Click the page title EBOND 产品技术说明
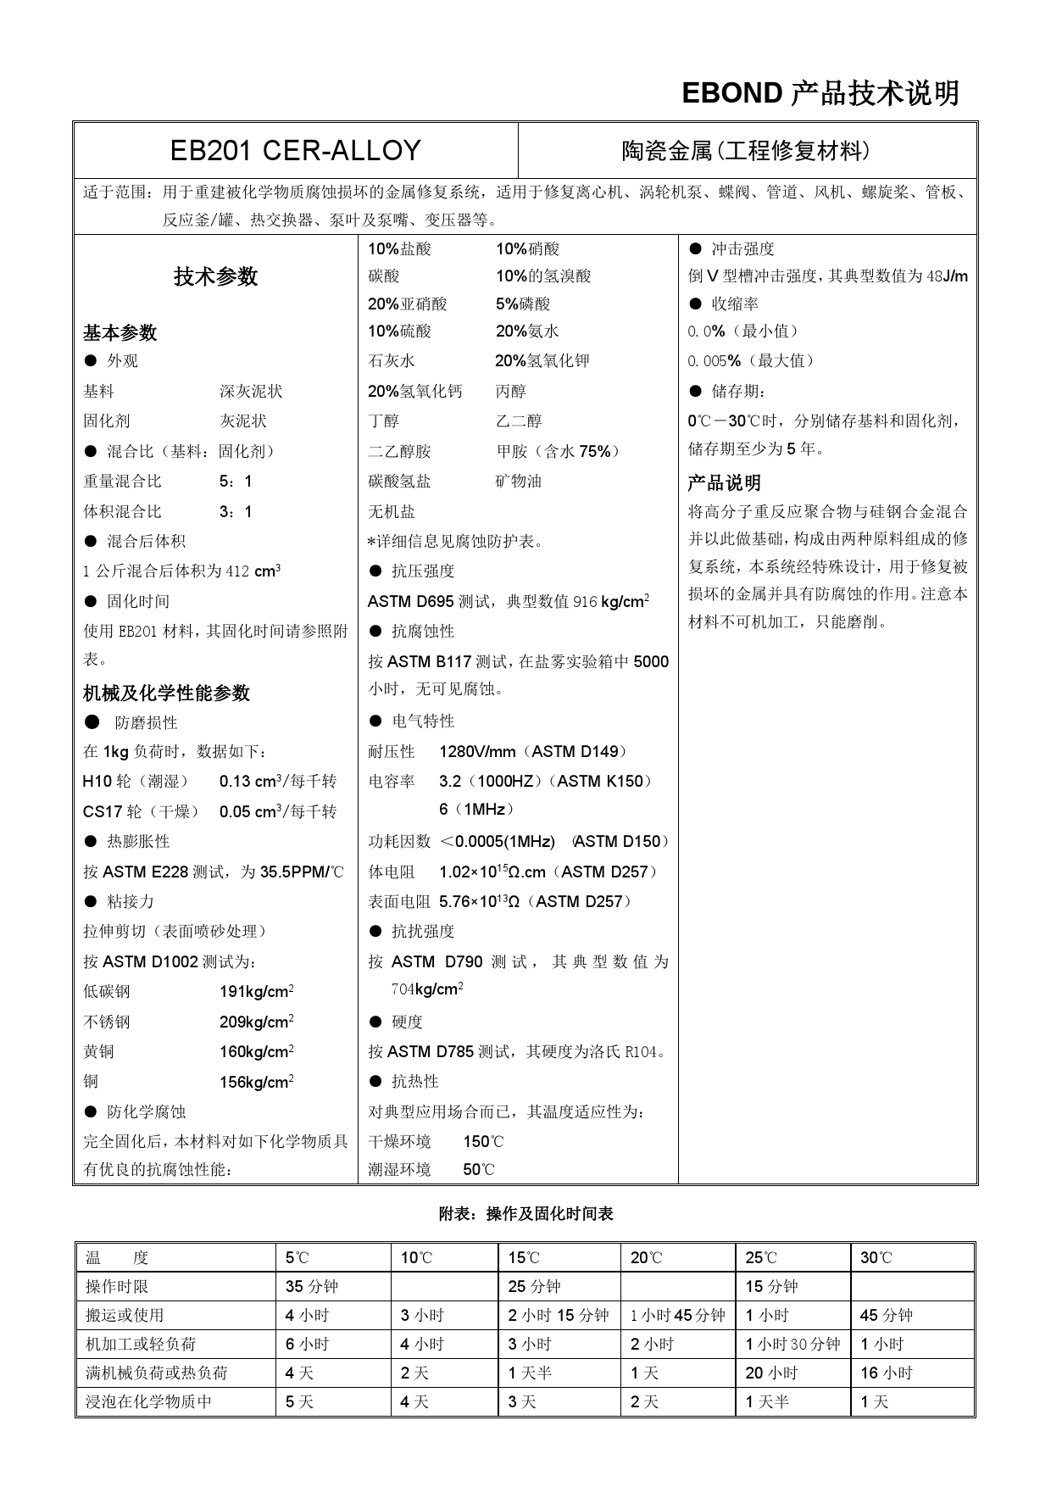[x=820, y=93]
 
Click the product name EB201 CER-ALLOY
[x=295, y=151]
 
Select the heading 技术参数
[x=215, y=276]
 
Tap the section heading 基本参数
[x=120, y=332]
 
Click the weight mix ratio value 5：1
[x=236, y=482]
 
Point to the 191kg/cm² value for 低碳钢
[x=256, y=992]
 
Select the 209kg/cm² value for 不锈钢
[x=256, y=1022]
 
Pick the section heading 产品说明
[x=724, y=483]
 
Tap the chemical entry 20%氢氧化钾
[x=542, y=361]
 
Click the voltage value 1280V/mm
[x=477, y=752]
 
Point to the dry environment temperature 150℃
[x=483, y=1142]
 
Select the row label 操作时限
[x=117, y=1287]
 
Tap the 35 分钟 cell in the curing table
[x=311, y=1287]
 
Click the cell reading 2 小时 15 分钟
[x=558, y=1316]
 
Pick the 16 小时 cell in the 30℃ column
[x=886, y=1373]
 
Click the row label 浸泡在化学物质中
[x=148, y=1402]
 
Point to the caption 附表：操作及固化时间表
[x=525, y=1214]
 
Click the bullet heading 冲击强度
[x=742, y=249]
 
